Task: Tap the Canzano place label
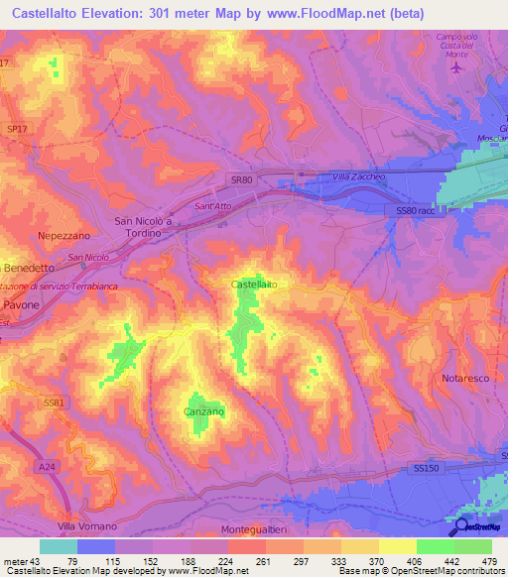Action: point(204,410)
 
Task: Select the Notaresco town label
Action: point(460,379)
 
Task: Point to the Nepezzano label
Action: point(63,238)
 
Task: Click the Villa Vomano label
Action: point(86,525)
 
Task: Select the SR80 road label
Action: point(231,179)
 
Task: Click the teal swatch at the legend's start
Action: point(59,546)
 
